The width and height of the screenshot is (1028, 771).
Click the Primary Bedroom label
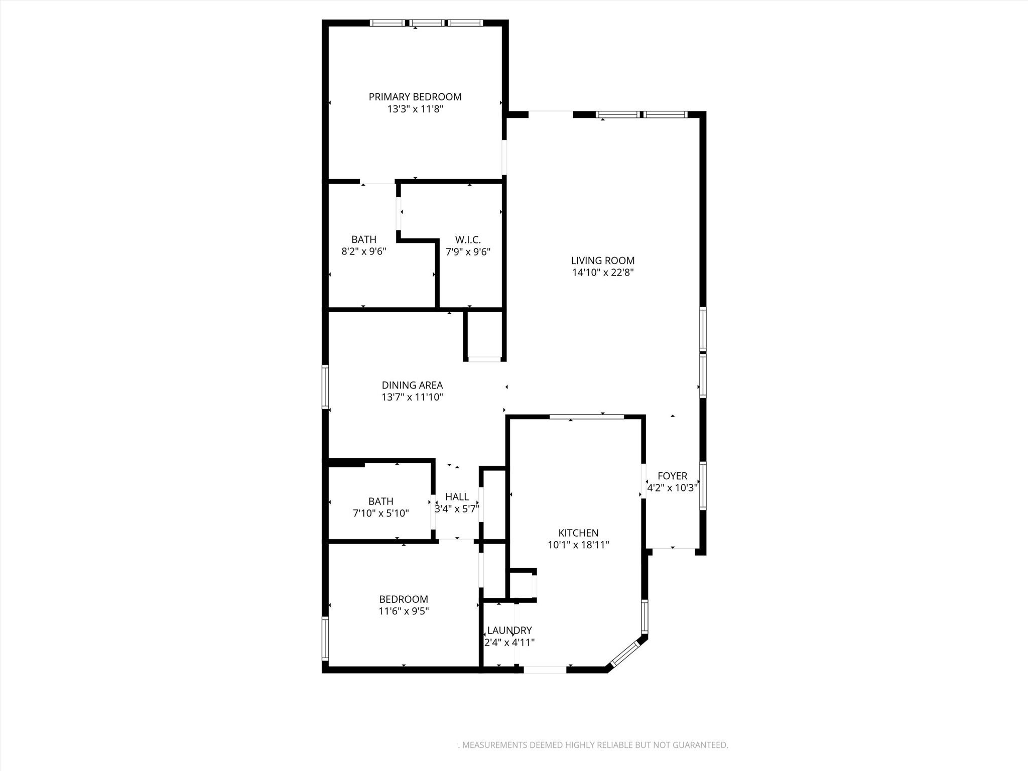(x=415, y=97)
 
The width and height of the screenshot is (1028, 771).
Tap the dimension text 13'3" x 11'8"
(x=415, y=109)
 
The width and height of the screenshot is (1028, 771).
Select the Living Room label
(x=603, y=261)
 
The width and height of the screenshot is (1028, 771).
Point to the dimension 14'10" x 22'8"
(x=603, y=273)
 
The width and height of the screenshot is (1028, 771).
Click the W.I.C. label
(x=468, y=240)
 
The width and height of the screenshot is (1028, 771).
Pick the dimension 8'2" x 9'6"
(x=364, y=251)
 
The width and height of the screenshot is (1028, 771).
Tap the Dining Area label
(x=412, y=385)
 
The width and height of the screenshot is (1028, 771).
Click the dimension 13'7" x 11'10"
(x=412, y=398)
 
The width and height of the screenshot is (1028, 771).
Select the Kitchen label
(x=578, y=533)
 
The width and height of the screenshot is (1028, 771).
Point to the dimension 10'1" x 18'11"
(x=578, y=545)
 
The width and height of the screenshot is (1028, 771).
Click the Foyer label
(x=672, y=476)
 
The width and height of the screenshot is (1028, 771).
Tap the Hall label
(x=457, y=497)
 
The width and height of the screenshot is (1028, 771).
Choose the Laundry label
(x=509, y=630)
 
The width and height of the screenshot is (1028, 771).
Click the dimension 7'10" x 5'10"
(x=380, y=513)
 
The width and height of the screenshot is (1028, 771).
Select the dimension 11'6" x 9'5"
(x=404, y=611)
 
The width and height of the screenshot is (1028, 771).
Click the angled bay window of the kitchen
(x=625, y=654)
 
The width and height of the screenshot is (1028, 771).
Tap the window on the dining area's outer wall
(x=325, y=387)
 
